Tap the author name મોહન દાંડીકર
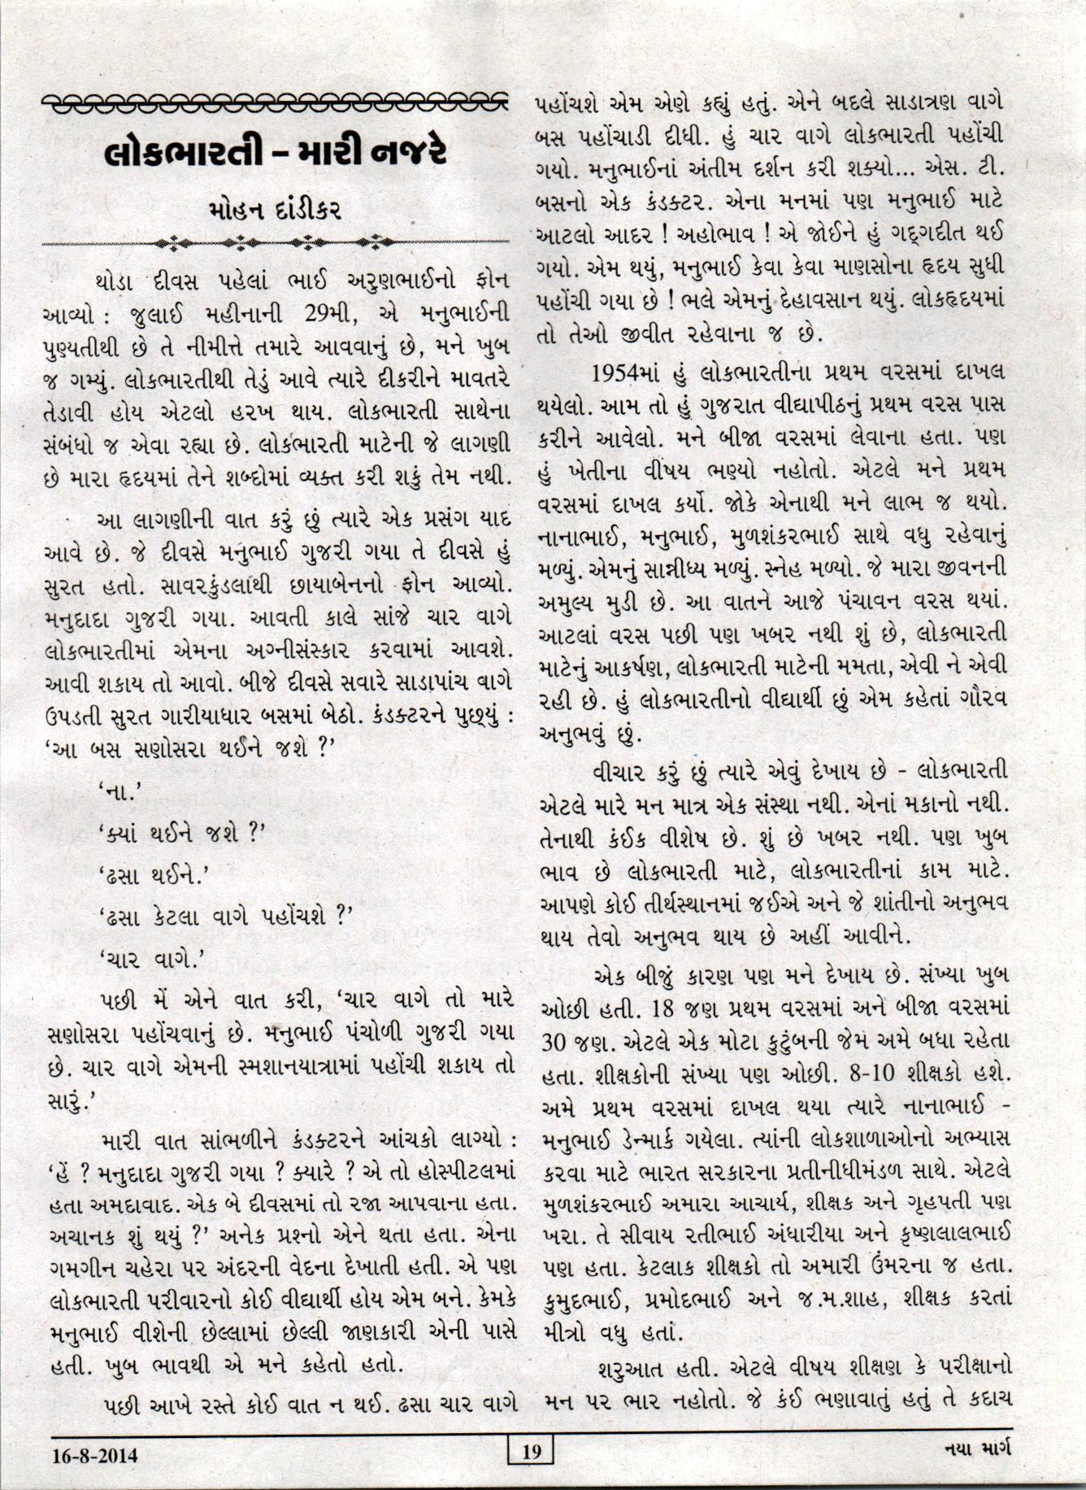[276, 211]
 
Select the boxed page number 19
[529, 1451]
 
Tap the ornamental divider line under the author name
[276, 242]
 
